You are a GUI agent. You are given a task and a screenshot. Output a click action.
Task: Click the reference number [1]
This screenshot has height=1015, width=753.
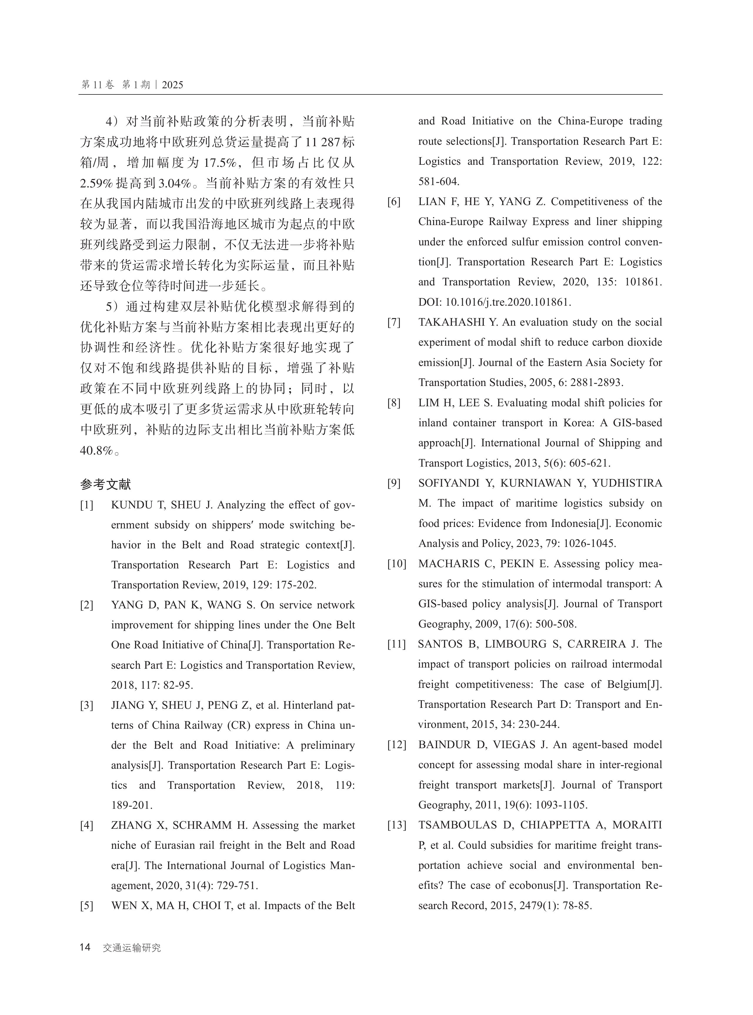87,505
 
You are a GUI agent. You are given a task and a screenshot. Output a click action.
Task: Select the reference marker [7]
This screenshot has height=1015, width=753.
394,322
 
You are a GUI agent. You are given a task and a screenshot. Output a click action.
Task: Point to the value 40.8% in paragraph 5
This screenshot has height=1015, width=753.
96,450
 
